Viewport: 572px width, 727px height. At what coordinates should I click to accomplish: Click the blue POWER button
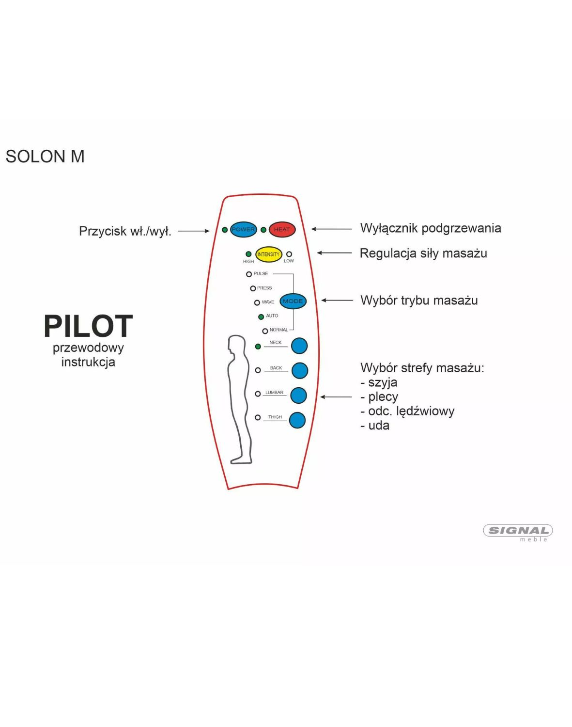pyautogui.click(x=243, y=229)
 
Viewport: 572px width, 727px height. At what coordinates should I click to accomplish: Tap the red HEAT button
pyautogui.click(x=282, y=229)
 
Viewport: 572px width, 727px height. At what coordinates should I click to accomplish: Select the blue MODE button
pyautogui.click(x=293, y=301)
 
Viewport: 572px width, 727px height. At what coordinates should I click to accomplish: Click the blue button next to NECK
pyautogui.click(x=299, y=346)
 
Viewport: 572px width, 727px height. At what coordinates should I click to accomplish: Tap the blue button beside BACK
pyautogui.click(x=299, y=371)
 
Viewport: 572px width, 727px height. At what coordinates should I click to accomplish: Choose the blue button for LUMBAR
pyautogui.click(x=298, y=395)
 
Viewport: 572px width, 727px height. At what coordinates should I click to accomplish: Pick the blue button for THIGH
pyautogui.click(x=297, y=420)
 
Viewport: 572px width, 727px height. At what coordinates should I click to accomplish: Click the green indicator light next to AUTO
pyautogui.click(x=261, y=317)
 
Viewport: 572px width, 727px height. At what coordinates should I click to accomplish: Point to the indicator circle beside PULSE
pyautogui.click(x=249, y=274)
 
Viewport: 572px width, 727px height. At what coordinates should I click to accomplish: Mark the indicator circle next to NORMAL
pyautogui.click(x=265, y=331)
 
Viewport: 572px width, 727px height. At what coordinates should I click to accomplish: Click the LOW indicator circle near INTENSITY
pyautogui.click(x=289, y=254)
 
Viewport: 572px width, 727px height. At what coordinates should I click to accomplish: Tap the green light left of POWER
pyautogui.click(x=225, y=230)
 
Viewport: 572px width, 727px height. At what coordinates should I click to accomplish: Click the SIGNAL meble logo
pyautogui.click(x=518, y=533)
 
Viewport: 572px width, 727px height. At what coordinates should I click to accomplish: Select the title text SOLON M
pyautogui.click(x=45, y=157)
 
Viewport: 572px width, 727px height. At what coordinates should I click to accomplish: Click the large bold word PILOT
pyautogui.click(x=88, y=326)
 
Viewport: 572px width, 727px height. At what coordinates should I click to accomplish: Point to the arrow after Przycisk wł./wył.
pyautogui.click(x=193, y=231)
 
